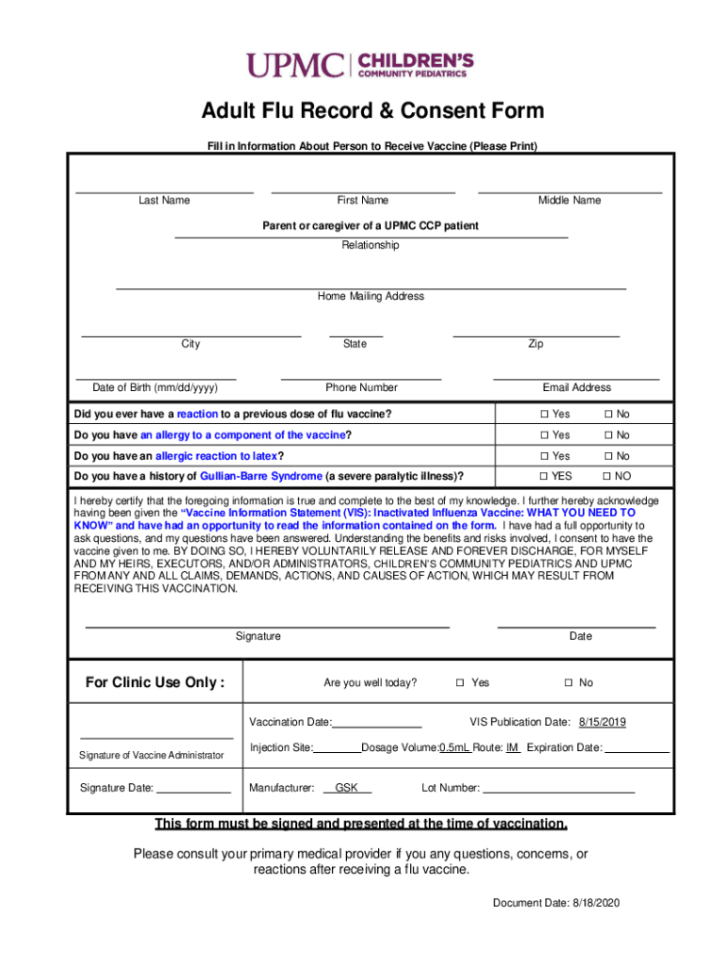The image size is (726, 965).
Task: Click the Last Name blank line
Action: click(x=164, y=192)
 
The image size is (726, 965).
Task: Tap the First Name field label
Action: click(x=362, y=200)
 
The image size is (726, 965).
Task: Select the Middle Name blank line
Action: click(x=569, y=192)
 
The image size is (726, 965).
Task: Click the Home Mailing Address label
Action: click(x=371, y=296)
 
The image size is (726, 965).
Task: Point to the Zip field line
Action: click(x=536, y=335)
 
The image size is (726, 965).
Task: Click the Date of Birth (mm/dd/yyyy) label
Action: click(x=155, y=387)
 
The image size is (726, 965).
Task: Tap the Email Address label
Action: click(x=576, y=387)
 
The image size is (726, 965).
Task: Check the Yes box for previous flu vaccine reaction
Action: click(x=544, y=415)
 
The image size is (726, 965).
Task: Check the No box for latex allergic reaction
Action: click(x=608, y=456)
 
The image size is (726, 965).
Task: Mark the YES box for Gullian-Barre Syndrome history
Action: click(x=544, y=477)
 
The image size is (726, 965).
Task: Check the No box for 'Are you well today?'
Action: click(x=569, y=683)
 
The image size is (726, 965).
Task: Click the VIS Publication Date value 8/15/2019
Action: click(x=602, y=722)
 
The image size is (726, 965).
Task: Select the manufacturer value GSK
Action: click(x=347, y=788)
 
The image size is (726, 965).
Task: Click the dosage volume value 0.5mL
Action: click(x=454, y=747)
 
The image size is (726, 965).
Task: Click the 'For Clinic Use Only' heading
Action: click(x=156, y=682)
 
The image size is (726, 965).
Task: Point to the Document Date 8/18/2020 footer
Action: click(x=556, y=903)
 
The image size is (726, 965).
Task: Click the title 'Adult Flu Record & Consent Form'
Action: click(x=372, y=111)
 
